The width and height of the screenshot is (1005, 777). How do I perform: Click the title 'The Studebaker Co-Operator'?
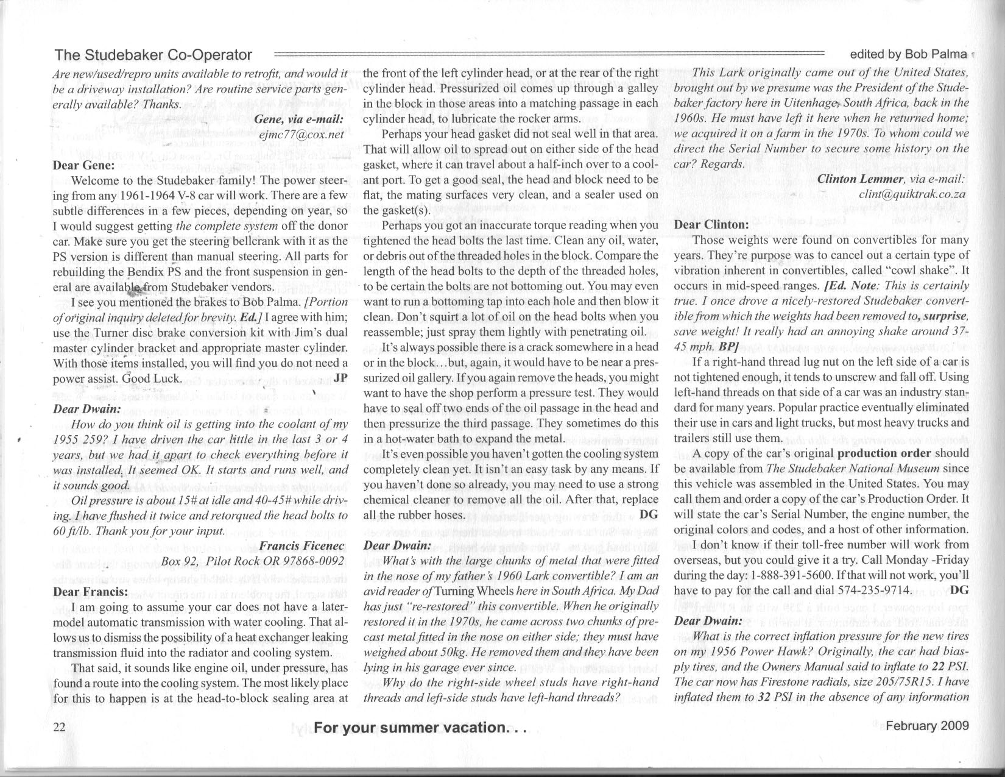click(153, 55)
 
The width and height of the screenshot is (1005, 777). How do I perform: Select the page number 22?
click(60, 726)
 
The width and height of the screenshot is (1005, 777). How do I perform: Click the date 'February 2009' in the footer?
click(927, 725)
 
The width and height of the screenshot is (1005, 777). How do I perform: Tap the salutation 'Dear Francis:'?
click(91, 592)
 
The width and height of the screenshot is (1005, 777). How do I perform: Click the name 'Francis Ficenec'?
click(303, 545)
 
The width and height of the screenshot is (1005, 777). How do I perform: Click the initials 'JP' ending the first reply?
click(340, 378)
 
